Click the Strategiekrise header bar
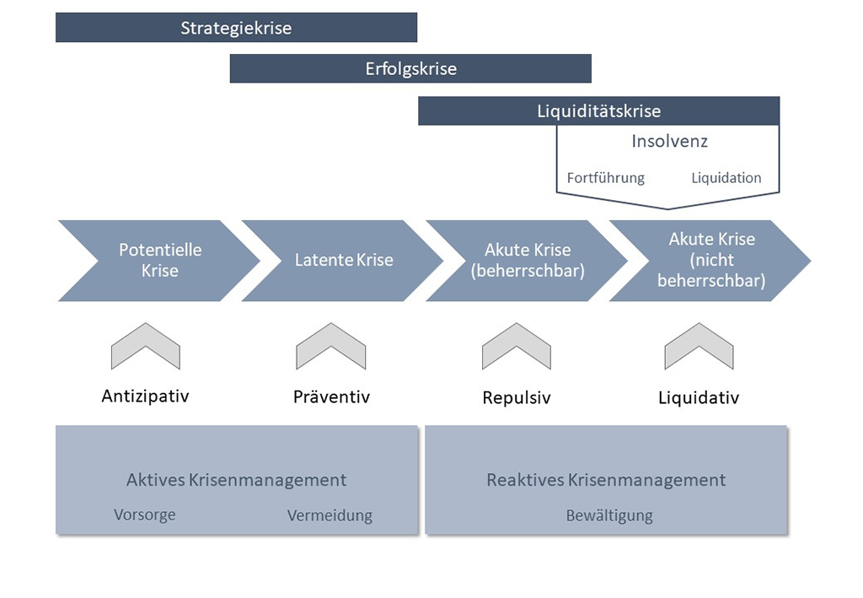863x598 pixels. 236,28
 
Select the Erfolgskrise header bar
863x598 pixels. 410,68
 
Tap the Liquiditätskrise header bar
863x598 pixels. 599,110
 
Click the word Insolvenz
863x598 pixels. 669,141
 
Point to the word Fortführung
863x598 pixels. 605,178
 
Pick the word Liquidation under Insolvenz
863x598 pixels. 726,178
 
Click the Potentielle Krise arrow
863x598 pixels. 159,261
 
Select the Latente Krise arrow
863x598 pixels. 342,261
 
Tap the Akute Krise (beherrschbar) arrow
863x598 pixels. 527,261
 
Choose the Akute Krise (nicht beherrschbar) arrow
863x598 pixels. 710,261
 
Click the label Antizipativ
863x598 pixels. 145,396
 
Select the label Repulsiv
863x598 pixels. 517,397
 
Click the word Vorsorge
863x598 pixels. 145,514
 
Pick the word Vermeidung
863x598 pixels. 330,515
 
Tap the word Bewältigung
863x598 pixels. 609,516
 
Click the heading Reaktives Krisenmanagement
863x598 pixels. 606,480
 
